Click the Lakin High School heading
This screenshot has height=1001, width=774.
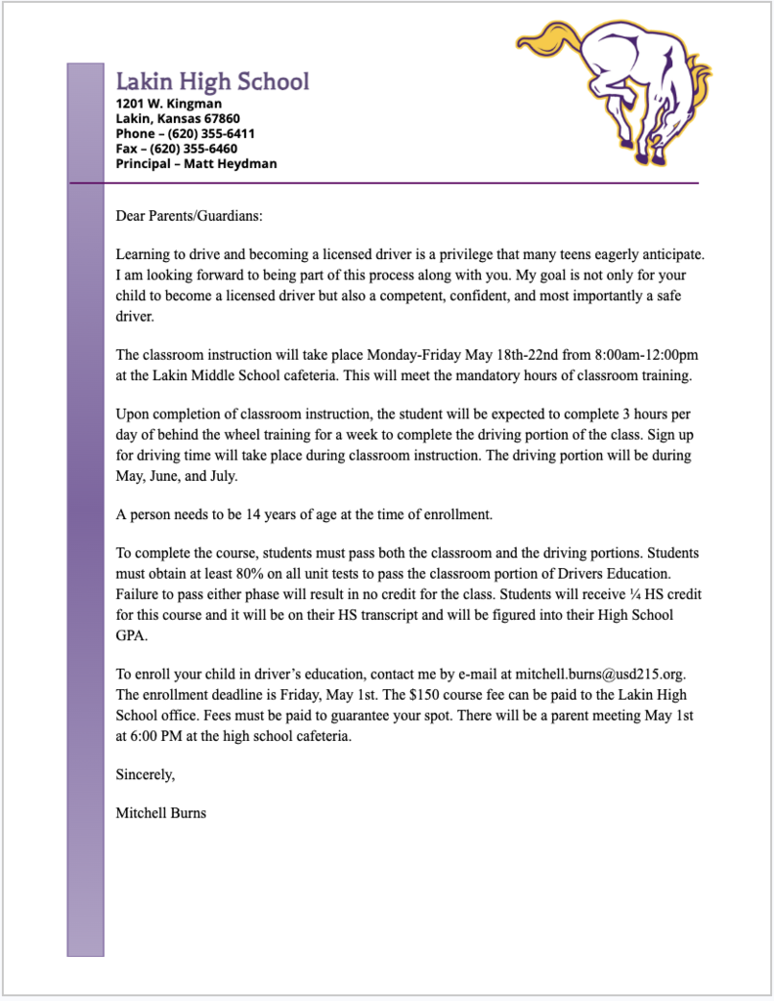pos(212,82)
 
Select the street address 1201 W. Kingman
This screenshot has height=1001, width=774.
pos(169,104)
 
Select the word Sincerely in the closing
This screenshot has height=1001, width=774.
pos(146,775)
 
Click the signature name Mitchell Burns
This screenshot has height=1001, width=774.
pos(161,812)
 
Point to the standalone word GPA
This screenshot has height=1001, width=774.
pos(130,634)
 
